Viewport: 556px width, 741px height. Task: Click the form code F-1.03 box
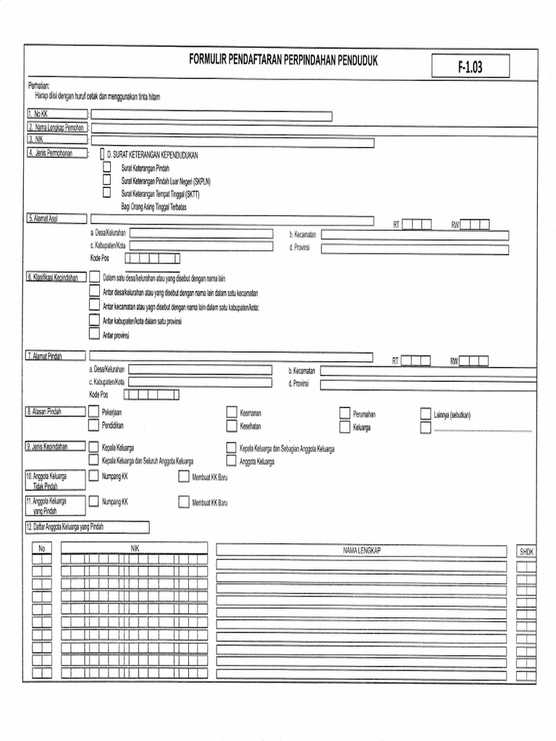470,67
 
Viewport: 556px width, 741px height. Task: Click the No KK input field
211,116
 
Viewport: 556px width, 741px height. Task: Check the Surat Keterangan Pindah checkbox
107,168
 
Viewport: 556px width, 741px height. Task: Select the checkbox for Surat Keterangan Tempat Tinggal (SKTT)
107,193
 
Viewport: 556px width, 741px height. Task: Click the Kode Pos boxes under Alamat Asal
152,258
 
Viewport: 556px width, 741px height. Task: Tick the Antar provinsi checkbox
94,334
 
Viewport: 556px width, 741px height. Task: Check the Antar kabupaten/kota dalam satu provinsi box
94,320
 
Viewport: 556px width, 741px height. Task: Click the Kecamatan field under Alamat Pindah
413,370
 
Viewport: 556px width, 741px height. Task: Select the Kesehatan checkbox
232,425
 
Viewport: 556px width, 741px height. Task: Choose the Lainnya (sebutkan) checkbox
426,414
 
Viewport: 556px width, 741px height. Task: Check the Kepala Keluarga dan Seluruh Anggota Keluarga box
93,460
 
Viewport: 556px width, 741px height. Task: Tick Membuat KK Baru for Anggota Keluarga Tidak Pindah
184,477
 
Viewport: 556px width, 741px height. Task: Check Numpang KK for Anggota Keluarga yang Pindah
93,501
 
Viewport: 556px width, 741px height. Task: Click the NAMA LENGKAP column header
361,551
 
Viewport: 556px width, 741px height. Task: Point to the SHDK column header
526,551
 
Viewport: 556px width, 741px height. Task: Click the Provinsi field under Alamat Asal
415,248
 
